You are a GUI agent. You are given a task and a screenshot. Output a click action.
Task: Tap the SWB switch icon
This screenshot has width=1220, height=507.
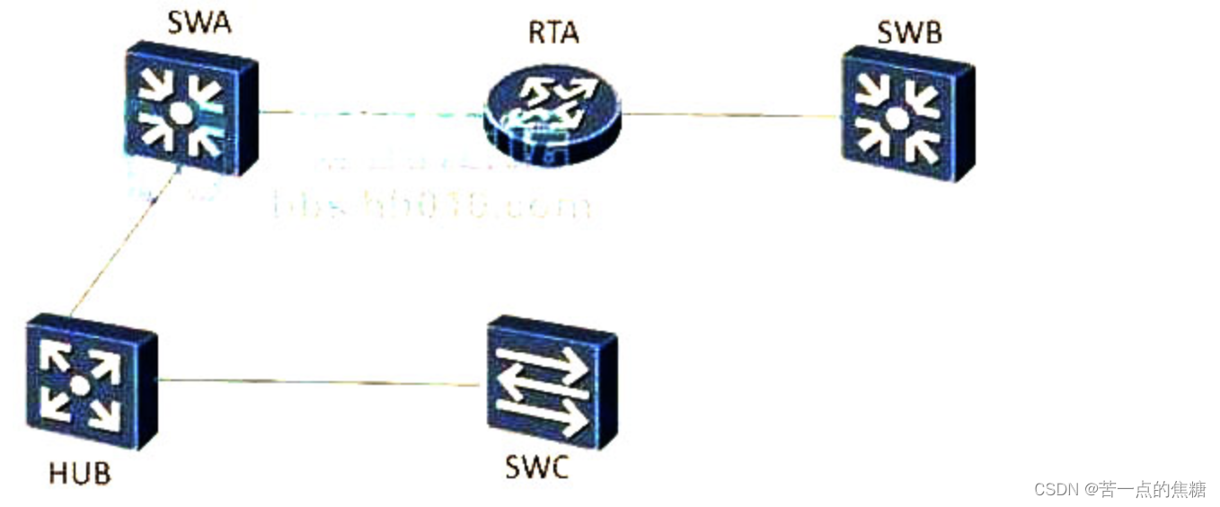[907, 115]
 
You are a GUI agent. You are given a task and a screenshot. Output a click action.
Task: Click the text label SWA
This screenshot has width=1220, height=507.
[199, 22]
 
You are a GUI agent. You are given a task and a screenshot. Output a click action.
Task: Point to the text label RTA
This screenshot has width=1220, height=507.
[553, 32]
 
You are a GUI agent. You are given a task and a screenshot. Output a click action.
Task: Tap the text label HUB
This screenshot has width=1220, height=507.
[80, 473]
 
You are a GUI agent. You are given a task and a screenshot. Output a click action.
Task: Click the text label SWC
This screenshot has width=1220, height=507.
[537, 467]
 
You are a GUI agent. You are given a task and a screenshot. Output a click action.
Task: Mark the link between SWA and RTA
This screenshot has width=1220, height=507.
[368, 113]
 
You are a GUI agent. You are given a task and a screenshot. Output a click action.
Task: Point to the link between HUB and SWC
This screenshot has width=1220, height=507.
[319, 382]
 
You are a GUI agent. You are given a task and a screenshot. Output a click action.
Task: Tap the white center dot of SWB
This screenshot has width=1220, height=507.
[897, 117]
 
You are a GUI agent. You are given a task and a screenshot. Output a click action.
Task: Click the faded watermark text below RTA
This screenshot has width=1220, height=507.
[431, 206]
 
